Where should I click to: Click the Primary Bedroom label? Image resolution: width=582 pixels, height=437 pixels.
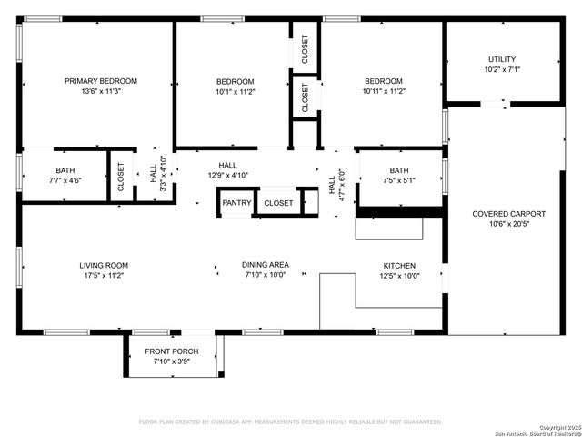(x=99, y=81)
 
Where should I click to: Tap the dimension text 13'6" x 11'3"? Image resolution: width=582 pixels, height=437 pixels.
(x=99, y=91)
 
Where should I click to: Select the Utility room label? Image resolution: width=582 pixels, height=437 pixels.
(x=501, y=58)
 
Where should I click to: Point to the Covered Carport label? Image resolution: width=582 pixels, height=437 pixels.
(x=502, y=214)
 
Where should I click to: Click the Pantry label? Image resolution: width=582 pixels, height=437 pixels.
(x=236, y=203)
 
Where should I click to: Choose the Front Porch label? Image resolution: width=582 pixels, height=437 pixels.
(x=171, y=351)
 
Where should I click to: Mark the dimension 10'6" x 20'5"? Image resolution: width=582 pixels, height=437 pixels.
(x=502, y=224)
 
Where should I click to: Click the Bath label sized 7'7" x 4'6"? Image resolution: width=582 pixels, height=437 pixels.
(x=65, y=170)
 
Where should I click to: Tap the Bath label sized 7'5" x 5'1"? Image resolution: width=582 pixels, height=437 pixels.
(x=399, y=170)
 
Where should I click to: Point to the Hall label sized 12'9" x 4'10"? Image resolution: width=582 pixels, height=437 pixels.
(x=227, y=165)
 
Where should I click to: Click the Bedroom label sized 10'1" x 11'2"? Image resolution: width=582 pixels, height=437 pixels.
(x=235, y=81)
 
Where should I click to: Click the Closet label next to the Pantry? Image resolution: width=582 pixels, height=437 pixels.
(x=279, y=203)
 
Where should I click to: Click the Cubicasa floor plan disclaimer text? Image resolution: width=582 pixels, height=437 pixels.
(x=290, y=422)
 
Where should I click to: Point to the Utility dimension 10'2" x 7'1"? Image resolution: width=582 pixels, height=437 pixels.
(x=501, y=68)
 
